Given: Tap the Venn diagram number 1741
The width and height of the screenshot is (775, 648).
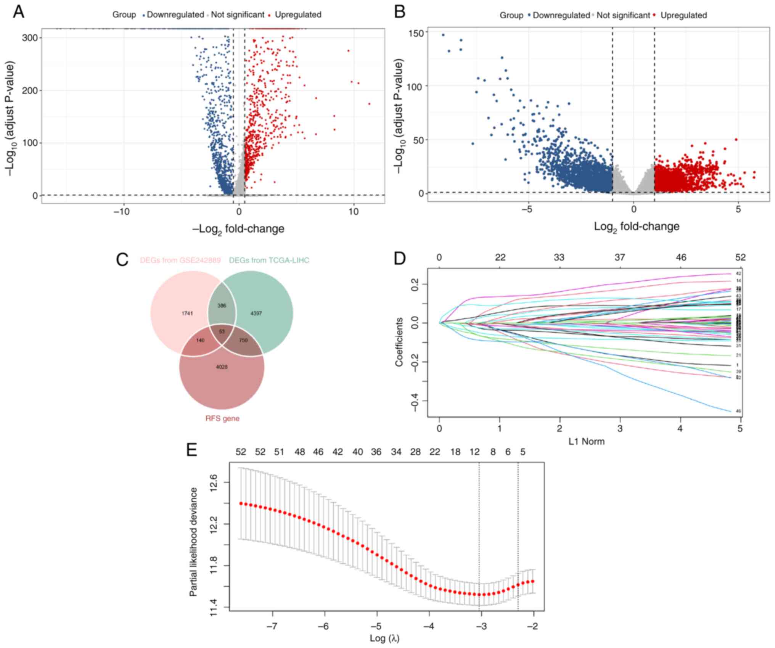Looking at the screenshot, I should [x=187, y=314].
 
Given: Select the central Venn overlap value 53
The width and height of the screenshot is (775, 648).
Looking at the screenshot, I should [x=222, y=331].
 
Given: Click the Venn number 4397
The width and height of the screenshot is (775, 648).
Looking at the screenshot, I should [x=256, y=314].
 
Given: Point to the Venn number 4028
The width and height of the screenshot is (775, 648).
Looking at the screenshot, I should [x=222, y=367].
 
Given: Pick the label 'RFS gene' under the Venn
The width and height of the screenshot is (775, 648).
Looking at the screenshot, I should [x=222, y=418].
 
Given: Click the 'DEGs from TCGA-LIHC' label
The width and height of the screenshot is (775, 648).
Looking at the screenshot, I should [x=269, y=260].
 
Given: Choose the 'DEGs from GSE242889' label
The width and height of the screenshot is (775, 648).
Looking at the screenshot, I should [x=180, y=260].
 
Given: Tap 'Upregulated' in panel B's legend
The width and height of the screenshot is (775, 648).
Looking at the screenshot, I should [x=683, y=16].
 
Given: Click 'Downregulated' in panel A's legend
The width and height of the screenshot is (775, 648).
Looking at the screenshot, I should [x=175, y=15].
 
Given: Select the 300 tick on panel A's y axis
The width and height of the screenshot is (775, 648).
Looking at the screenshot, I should [x=29, y=38].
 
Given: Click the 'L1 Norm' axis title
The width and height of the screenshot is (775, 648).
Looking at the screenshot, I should [x=586, y=442].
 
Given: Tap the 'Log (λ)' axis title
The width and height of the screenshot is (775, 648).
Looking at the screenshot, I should [x=384, y=638].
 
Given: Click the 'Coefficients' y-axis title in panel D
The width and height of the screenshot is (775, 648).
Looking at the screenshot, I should [x=399, y=342].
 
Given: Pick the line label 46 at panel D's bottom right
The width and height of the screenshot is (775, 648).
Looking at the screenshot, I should [x=738, y=412].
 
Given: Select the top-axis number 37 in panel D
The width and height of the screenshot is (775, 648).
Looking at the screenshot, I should [x=620, y=257].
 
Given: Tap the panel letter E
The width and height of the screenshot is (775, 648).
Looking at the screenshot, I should [x=192, y=450].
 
